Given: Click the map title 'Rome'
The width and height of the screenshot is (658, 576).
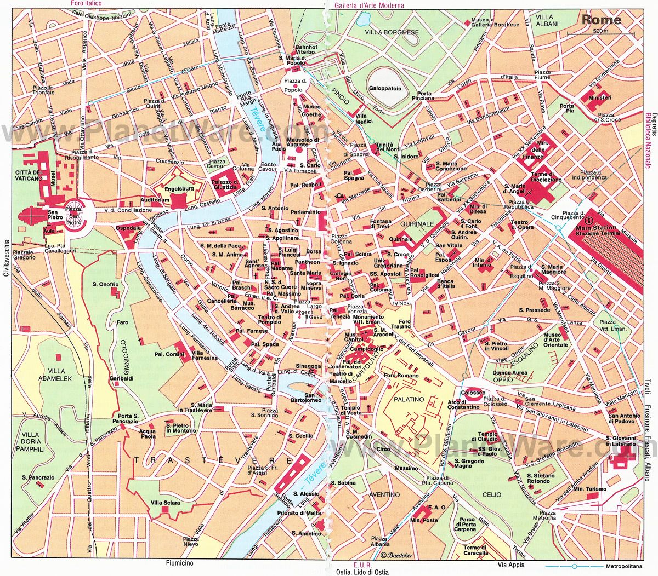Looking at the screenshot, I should [601, 20].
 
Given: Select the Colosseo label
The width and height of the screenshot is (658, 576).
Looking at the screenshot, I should [473, 393].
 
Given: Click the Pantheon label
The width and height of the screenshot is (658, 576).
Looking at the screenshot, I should [307, 262].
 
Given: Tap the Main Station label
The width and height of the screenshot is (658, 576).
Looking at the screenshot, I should [595, 227].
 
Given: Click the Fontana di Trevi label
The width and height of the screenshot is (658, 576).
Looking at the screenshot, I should [380, 224].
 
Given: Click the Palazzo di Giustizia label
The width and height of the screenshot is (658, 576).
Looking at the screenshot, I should [225, 185].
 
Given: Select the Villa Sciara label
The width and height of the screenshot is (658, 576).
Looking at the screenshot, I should [165, 503].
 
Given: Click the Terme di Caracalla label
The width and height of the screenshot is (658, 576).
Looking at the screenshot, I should [475, 550].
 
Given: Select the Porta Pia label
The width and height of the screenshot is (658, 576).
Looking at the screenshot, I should [567, 108].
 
